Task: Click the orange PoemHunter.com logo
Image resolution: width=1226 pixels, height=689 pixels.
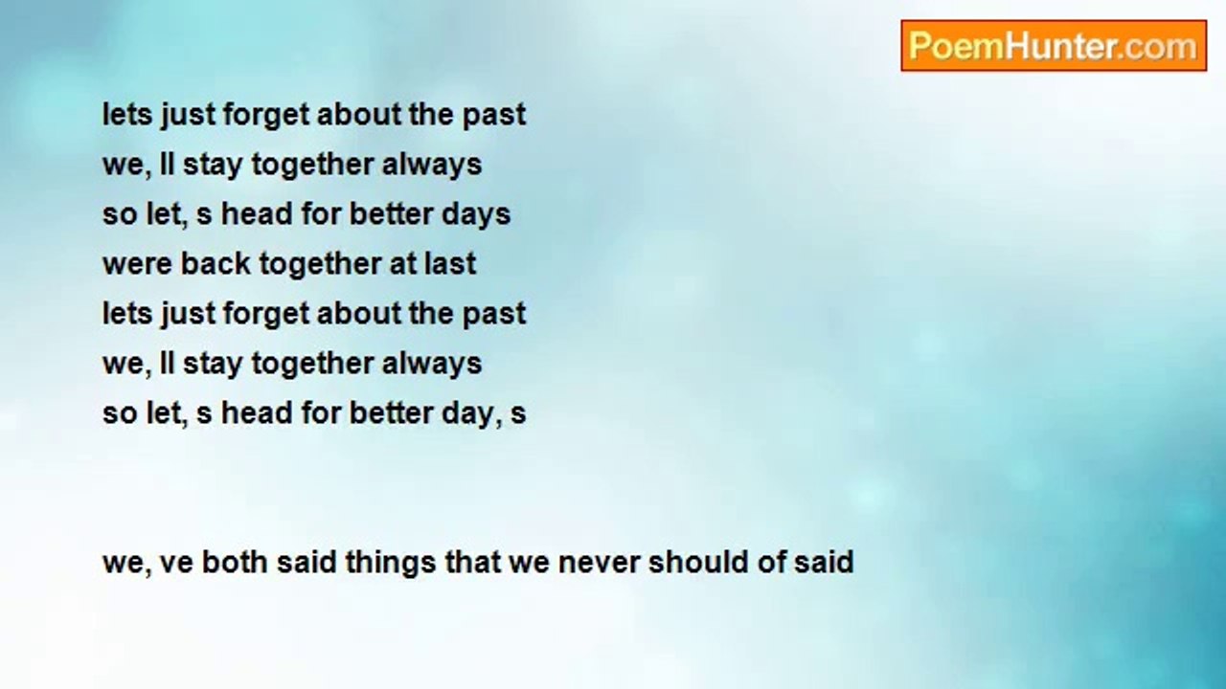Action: pyautogui.click(x=1054, y=45)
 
